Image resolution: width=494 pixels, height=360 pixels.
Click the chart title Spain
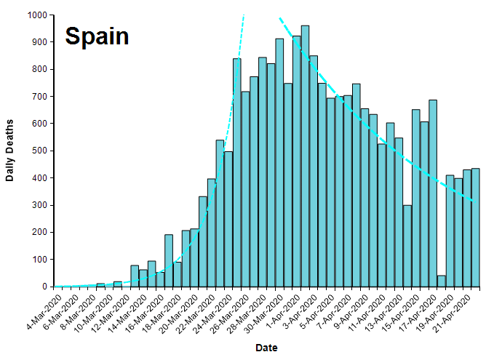[x=97, y=36]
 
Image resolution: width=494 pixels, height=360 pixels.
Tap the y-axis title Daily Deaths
[x=10, y=150]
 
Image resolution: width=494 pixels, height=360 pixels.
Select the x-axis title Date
[x=266, y=348]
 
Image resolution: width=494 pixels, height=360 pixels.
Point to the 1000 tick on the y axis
[x=36, y=15]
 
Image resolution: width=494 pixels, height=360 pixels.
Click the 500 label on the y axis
[x=39, y=151]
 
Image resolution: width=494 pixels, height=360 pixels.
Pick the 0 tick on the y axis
[x=45, y=287]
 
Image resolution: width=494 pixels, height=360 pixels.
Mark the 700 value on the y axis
[x=39, y=97]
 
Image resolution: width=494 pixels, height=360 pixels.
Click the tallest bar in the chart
[x=305, y=156]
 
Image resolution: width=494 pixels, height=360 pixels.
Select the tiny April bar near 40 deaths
[x=441, y=281]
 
